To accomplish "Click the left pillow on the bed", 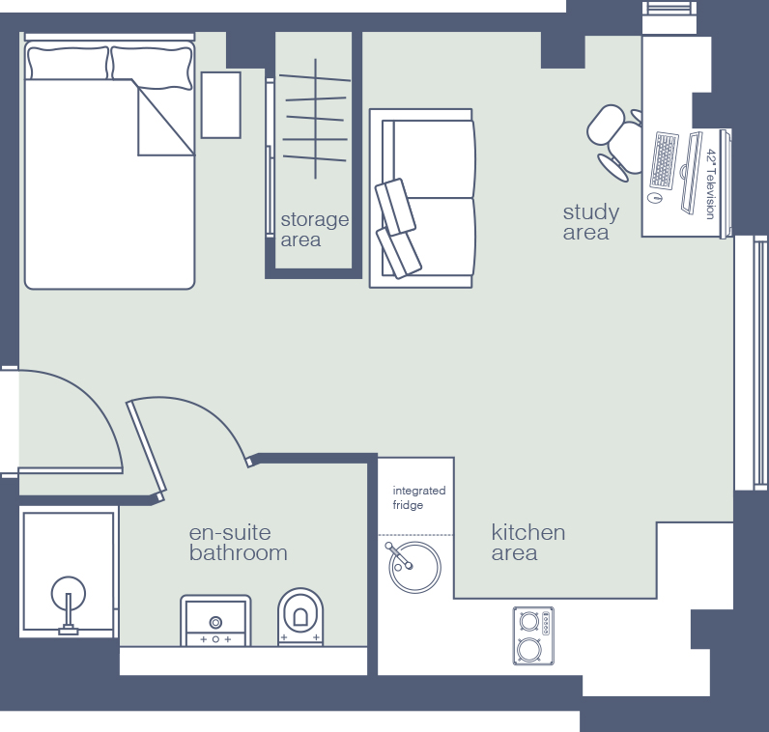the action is pyautogui.click(x=68, y=63).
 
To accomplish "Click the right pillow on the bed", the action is pyautogui.click(x=152, y=68).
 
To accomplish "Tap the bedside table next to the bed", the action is pyautogui.click(x=220, y=105).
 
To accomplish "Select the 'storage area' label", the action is pyautogui.click(x=314, y=230).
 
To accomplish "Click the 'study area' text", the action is pyautogui.click(x=591, y=222).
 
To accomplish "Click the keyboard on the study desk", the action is pyautogui.click(x=664, y=160).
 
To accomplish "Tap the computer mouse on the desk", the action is pyautogui.click(x=654, y=198).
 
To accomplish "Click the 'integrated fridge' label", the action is pyautogui.click(x=419, y=497).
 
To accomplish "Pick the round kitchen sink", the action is pyautogui.click(x=414, y=567).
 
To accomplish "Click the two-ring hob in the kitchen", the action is pyautogui.click(x=533, y=635).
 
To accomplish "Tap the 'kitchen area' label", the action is pyautogui.click(x=528, y=543).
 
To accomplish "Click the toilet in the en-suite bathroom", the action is pyautogui.click(x=300, y=616).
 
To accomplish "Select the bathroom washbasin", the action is pyautogui.click(x=215, y=620).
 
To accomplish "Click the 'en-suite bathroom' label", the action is pyautogui.click(x=238, y=543).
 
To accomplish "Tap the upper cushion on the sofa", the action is pyautogui.click(x=396, y=207).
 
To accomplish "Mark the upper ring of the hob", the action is pyautogui.click(x=529, y=621).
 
